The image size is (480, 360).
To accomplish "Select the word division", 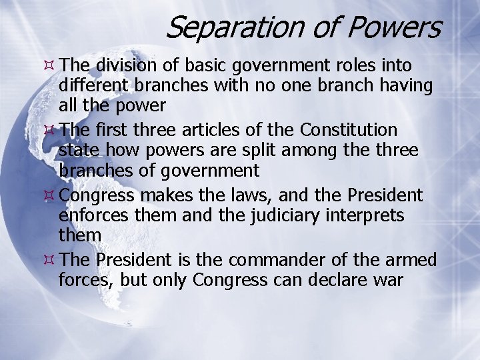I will (125, 66).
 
